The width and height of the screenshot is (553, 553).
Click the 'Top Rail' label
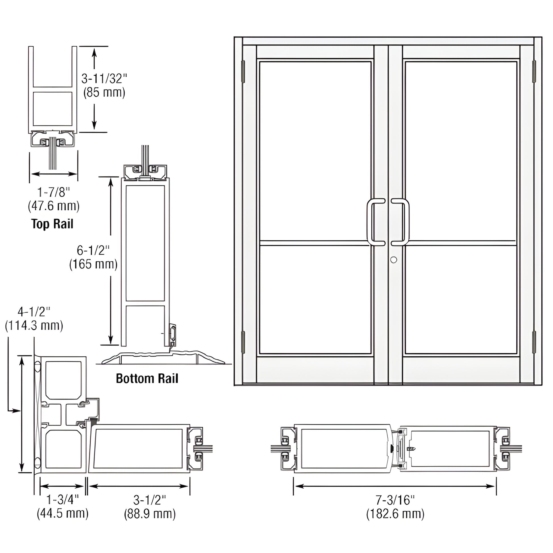[52, 224]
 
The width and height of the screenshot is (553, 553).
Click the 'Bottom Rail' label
[147, 379]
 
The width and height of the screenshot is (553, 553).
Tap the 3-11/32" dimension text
[104, 79]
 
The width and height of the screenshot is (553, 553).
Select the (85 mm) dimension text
[104, 92]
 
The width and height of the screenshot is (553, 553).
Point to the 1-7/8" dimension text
[53, 192]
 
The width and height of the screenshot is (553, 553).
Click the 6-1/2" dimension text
[93, 250]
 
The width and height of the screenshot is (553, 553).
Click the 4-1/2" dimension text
[34, 312]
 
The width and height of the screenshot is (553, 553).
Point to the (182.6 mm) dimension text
[395, 513]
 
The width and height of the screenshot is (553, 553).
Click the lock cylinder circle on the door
[394, 260]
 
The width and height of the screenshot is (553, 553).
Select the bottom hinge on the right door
[534, 342]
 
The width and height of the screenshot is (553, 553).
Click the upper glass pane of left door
[315, 151]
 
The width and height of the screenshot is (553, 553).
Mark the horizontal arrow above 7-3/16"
[395, 486]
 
